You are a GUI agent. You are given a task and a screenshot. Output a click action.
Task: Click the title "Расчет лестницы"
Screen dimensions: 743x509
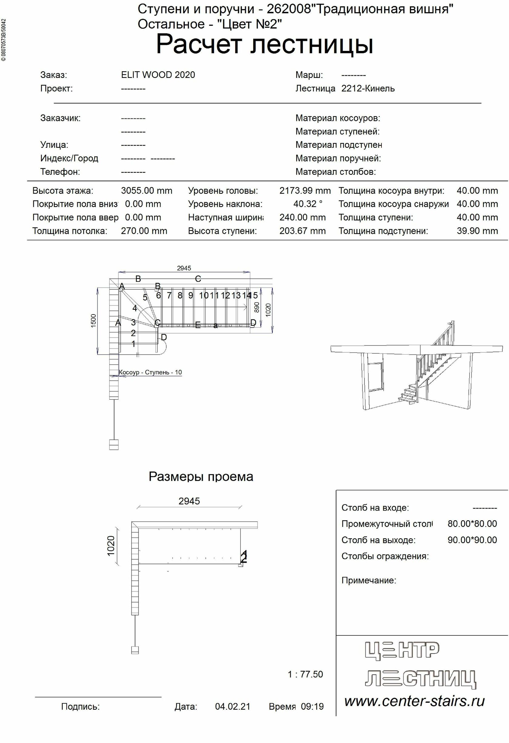264,45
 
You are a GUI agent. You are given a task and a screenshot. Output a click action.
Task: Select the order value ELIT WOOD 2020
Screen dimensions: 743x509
158,75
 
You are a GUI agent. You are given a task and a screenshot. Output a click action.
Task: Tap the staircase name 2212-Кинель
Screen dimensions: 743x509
368,88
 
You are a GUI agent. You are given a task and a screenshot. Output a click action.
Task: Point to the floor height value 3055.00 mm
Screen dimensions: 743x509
146,191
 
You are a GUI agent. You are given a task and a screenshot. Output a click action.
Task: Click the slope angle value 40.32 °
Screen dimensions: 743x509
308,204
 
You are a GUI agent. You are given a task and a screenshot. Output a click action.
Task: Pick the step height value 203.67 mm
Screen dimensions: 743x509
302,231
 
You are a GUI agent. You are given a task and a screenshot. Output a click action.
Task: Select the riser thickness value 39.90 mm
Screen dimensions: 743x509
477,231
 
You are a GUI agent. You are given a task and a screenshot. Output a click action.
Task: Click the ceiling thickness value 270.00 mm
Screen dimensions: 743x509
144,231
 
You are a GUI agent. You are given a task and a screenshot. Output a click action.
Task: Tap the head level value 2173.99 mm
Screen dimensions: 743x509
305,191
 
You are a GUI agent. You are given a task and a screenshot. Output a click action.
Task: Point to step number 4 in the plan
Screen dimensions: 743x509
135,308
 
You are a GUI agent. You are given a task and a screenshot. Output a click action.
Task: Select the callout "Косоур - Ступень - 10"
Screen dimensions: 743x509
150,372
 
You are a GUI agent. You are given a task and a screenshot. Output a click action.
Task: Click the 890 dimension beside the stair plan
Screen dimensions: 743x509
256,307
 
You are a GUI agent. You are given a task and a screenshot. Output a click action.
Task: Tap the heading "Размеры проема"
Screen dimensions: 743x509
201,476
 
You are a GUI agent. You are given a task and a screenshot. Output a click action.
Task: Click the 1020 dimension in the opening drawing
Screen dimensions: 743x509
111,546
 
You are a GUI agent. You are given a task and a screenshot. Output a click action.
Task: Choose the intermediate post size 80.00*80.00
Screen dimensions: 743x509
472,524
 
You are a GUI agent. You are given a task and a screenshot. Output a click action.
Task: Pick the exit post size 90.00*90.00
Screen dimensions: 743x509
472,540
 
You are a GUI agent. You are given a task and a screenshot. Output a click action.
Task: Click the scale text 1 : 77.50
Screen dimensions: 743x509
305,674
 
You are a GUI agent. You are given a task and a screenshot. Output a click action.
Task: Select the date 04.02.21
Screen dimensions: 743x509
232,707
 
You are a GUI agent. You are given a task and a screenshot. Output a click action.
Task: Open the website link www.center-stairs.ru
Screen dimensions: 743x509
414,701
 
